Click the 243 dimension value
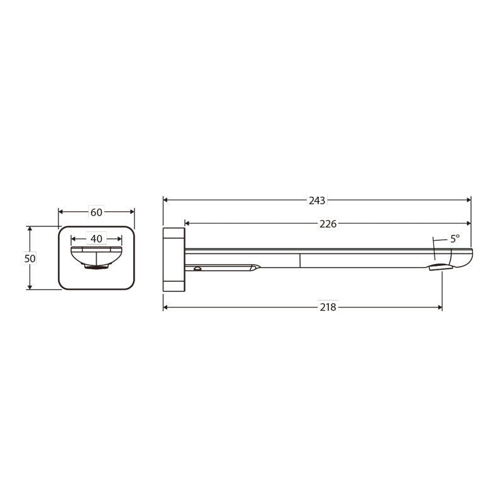[317, 201]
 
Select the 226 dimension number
[328, 224]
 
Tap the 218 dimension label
[328, 307]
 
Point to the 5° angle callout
[455, 239]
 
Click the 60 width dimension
[96, 213]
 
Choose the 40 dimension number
[96, 239]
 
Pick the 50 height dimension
[30, 258]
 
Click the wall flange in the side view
[174, 260]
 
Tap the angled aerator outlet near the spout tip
[440, 267]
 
